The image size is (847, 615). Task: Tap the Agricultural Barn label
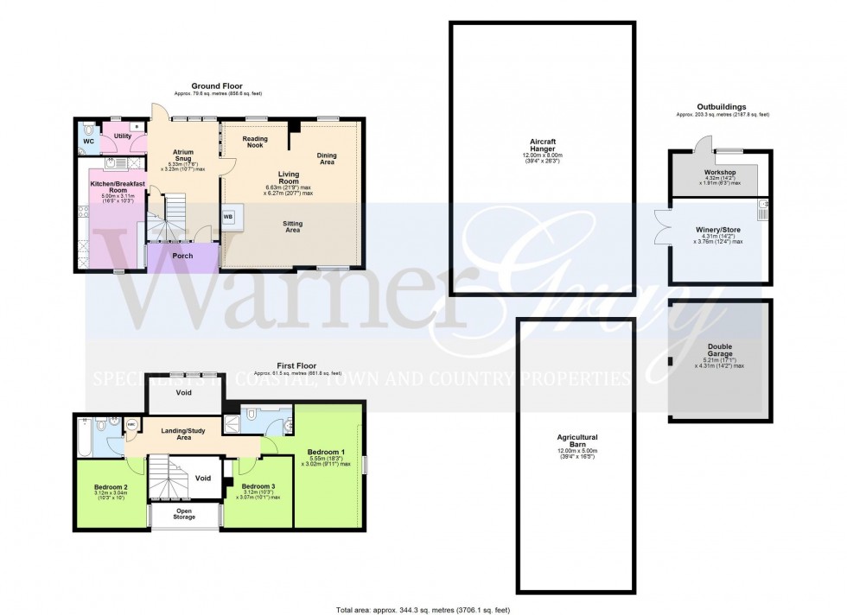tap(576, 441)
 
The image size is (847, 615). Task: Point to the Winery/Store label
tap(719, 229)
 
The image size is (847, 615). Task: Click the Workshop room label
tap(718, 172)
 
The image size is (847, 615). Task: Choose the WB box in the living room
tap(228, 217)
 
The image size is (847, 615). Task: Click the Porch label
tap(182, 256)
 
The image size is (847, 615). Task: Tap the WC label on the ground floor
tap(88, 141)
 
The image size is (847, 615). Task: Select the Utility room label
tap(121, 136)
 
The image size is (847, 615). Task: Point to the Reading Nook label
tap(254, 143)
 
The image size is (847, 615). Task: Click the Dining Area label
tap(327, 157)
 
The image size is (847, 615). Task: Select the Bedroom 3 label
tap(258, 487)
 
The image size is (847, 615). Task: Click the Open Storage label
tap(184, 513)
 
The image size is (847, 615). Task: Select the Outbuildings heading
tap(722, 107)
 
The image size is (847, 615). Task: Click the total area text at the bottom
tap(423, 611)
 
